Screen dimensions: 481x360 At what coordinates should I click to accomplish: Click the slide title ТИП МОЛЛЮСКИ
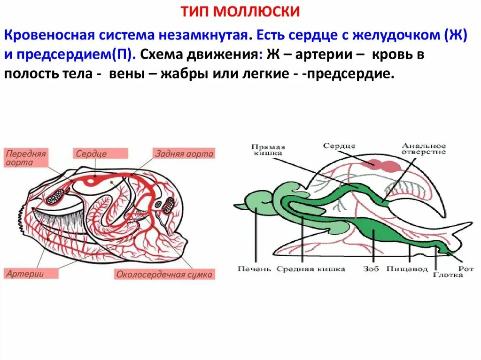pyautogui.click(x=240, y=12)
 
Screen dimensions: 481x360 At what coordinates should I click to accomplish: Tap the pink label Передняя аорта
pyautogui.click(x=26, y=158)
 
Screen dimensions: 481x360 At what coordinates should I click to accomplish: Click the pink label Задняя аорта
pyautogui.click(x=184, y=153)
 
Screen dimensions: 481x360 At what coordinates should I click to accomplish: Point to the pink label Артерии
pyautogui.click(x=24, y=273)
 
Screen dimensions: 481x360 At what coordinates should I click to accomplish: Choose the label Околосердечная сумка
pyautogui.click(x=164, y=275)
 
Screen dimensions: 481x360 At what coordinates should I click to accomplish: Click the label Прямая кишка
pyautogui.click(x=268, y=149)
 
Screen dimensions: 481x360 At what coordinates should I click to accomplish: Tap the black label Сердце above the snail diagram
pyautogui.click(x=339, y=146)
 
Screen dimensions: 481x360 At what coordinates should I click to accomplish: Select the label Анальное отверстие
pyautogui.click(x=423, y=149)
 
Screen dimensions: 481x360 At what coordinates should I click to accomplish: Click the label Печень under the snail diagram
pyautogui.click(x=254, y=269)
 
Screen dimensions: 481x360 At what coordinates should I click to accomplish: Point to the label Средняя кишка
pyautogui.click(x=310, y=269)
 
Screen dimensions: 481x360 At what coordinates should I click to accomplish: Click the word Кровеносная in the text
pyautogui.click(x=47, y=36)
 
